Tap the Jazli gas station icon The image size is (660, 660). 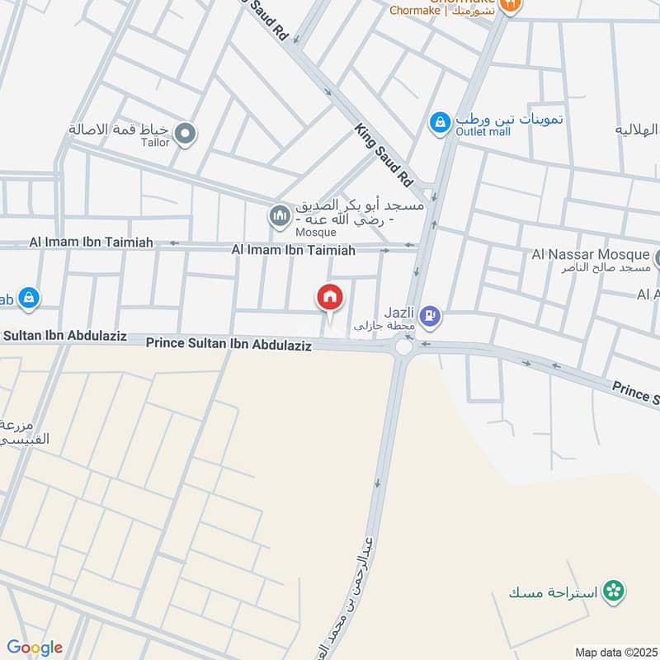[x=429, y=315]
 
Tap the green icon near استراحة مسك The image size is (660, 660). [x=613, y=591]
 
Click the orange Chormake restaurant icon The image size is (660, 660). [x=511, y=5]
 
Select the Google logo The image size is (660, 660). [x=35, y=648]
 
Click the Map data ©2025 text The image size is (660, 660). [x=615, y=652]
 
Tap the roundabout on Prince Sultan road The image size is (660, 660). [x=403, y=346]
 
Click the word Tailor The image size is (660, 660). [x=155, y=143]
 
